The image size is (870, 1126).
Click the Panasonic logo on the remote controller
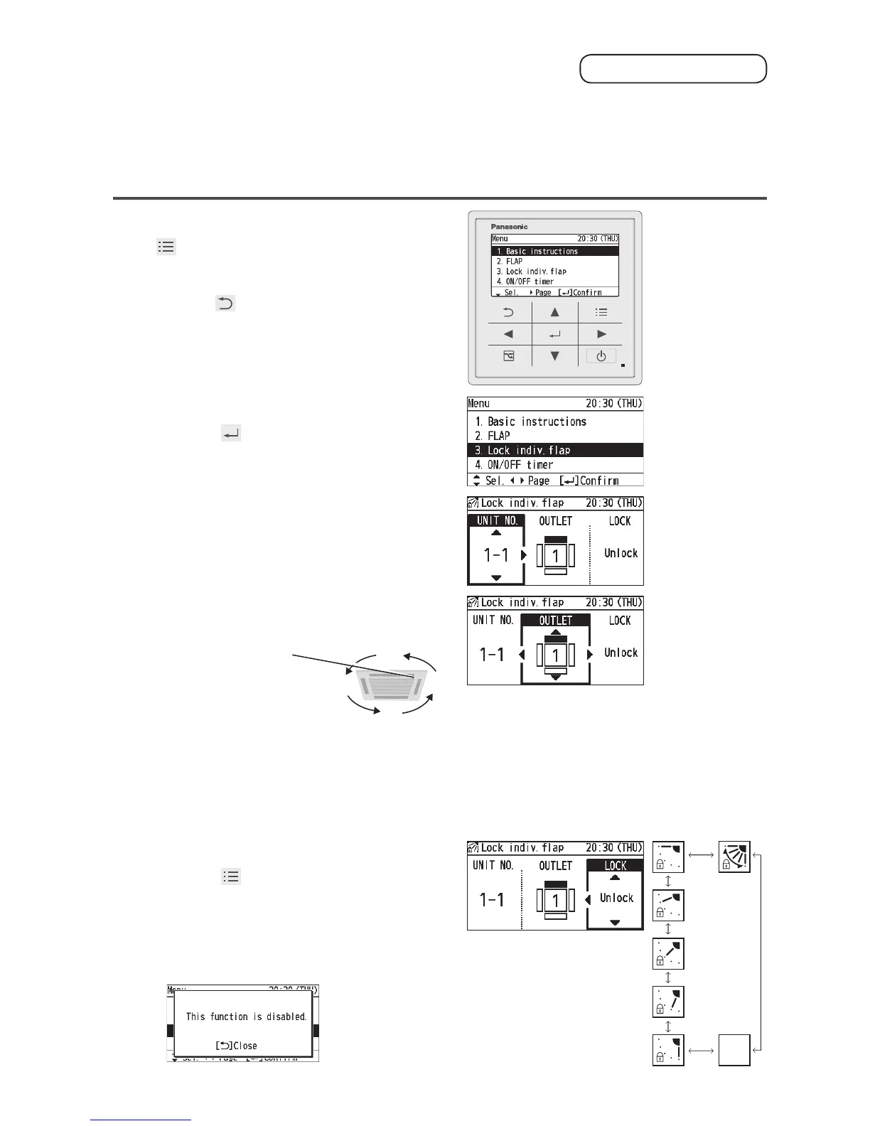pyautogui.click(x=509, y=227)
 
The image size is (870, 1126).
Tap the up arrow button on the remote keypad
pyautogui.click(x=554, y=312)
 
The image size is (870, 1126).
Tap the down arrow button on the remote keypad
pyautogui.click(x=554, y=356)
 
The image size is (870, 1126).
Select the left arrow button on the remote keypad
pyautogui.click(x=508, y=334)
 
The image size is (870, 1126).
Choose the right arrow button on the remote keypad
pyautogui.click(x=601, y=334)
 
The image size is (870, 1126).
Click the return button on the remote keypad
pyautogui.click(x=508, y=312)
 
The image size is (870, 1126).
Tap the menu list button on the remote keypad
pyautogui.click(x=601, y=312)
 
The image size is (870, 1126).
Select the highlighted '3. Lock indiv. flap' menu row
pyautogui.click(x=555, y=450)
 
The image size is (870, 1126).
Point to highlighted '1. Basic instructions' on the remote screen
pyautogui.click(x=554, y=251)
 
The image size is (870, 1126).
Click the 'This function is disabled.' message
pyautogui.click(x=246, y=1017)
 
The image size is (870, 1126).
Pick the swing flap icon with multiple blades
pyautogui.click(x=734, y=857)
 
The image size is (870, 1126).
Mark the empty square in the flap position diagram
pyautogui.click(x=734, y=1050)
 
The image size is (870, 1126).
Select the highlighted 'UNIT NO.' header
pyautogui.click(x=496, y=520)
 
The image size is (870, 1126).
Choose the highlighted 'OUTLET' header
pyautogui.click(x=555, y=621)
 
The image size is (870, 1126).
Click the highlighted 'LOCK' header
pyautogui.click(x=615, y=866)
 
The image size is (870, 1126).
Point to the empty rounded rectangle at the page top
pyautogui.click(x=673, y=69)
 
